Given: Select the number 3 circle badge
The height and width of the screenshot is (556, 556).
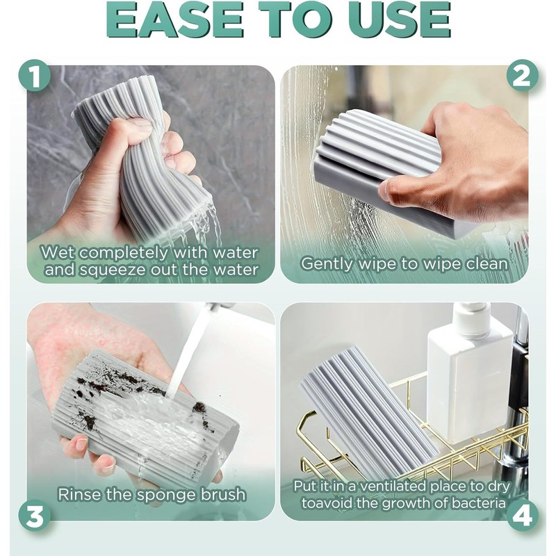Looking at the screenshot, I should [35, 517].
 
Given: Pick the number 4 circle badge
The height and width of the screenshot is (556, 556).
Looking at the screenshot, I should [521, 517].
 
